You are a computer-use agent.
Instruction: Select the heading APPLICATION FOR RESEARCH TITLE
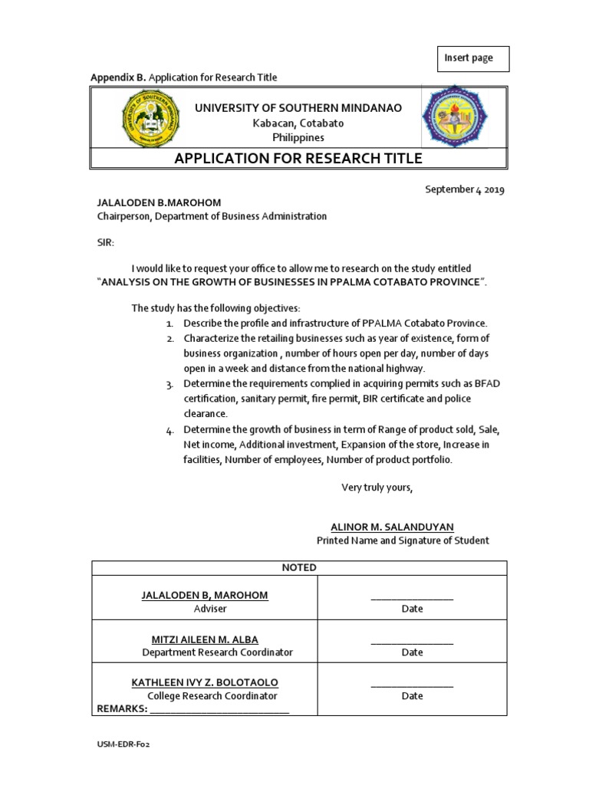[298, 159]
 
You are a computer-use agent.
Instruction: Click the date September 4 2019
[465, 189]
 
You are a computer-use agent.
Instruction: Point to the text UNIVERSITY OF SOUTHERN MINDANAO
[298, 109]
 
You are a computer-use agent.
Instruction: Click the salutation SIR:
[105, 242]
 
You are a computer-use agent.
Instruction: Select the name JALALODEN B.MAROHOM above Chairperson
[158, 202]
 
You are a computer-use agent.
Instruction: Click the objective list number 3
[169, 384]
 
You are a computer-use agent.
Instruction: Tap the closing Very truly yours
[377, 488]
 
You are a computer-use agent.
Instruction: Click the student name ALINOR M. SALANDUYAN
[392, 527]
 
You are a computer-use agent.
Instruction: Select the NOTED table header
[299, 567]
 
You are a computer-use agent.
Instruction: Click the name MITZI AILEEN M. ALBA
[205, 639]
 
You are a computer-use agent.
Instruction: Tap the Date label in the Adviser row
[412, 609]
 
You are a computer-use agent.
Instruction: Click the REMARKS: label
[121, 709]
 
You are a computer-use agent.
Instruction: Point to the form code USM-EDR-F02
[123, 744]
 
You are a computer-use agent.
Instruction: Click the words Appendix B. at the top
[118, 77]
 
